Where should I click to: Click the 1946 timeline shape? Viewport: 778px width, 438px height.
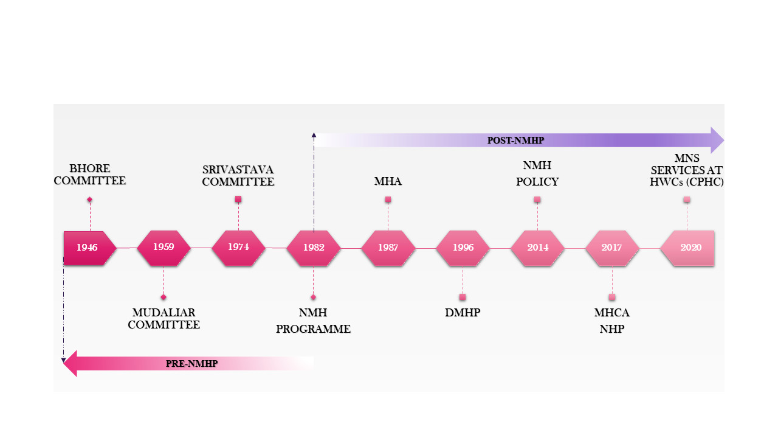coord(89,248)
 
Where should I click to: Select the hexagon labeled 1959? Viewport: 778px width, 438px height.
coord(164,248)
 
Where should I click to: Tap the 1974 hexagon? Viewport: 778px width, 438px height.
coord(238,248)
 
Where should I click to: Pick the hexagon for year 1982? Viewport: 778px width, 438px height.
coord(314,248)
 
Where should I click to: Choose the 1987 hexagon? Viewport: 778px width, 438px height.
coord(388,248)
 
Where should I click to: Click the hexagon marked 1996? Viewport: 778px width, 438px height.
coord(463,248)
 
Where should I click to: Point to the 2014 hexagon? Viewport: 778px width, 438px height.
coord(537,248)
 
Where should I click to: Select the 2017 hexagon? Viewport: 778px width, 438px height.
coord(611,248)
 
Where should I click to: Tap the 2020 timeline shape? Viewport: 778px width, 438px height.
coord(688,248)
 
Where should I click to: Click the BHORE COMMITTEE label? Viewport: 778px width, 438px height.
coord(98,175)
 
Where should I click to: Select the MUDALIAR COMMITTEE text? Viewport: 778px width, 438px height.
coord(164,319)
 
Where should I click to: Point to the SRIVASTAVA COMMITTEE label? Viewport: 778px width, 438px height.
coord(238,175)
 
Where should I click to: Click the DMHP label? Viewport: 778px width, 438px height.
coord(463,313)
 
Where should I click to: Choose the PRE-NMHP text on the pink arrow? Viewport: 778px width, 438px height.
coord(191,364)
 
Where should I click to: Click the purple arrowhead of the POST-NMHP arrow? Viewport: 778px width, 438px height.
coord(717,141)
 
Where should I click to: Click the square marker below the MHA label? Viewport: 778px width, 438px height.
coord(388,200)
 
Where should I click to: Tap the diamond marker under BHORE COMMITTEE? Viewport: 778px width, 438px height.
coord(89,200)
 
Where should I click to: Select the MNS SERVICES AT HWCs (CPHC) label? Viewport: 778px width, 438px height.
coord(686,170)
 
